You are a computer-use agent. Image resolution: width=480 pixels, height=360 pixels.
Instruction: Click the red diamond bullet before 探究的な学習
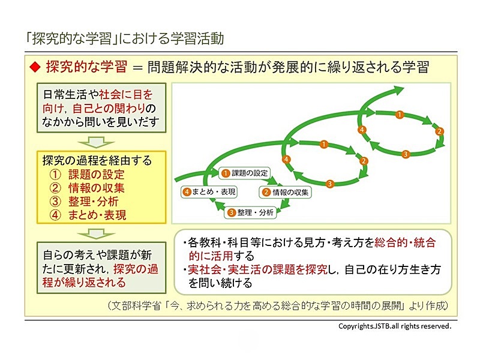point(35,67)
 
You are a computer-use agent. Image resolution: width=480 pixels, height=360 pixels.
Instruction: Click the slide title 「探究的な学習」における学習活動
point(125,38)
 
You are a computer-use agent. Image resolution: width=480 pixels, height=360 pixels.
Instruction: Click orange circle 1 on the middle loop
point(324,144)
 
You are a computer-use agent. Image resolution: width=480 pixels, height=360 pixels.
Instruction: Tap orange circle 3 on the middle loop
point(329,184)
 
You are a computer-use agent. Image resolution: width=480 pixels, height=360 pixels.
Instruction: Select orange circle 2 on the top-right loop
point(440,131)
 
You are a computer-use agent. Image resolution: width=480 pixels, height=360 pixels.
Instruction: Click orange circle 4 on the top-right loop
point(362,130)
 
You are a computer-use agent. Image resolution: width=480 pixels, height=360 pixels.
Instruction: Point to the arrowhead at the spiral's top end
point(398,91)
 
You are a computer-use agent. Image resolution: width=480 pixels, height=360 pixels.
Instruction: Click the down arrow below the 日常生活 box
point(96,142)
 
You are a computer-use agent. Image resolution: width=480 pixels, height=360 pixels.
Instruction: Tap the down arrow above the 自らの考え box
point(96,233)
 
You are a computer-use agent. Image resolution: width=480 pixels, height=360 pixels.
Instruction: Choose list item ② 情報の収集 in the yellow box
point(87,188)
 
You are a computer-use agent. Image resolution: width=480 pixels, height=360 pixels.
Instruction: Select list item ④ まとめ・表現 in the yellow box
point(88,215)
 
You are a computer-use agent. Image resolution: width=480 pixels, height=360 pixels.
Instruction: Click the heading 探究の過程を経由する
point(97,160)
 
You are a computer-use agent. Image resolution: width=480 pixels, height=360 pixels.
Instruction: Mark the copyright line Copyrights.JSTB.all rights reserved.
point(395,326)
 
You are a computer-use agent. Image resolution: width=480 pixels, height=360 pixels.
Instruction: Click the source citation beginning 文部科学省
point(278,305)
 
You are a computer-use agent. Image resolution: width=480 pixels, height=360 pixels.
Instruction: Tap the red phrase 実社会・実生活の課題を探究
point(258,269)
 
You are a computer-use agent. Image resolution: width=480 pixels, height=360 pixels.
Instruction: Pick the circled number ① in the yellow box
point(55,175)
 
